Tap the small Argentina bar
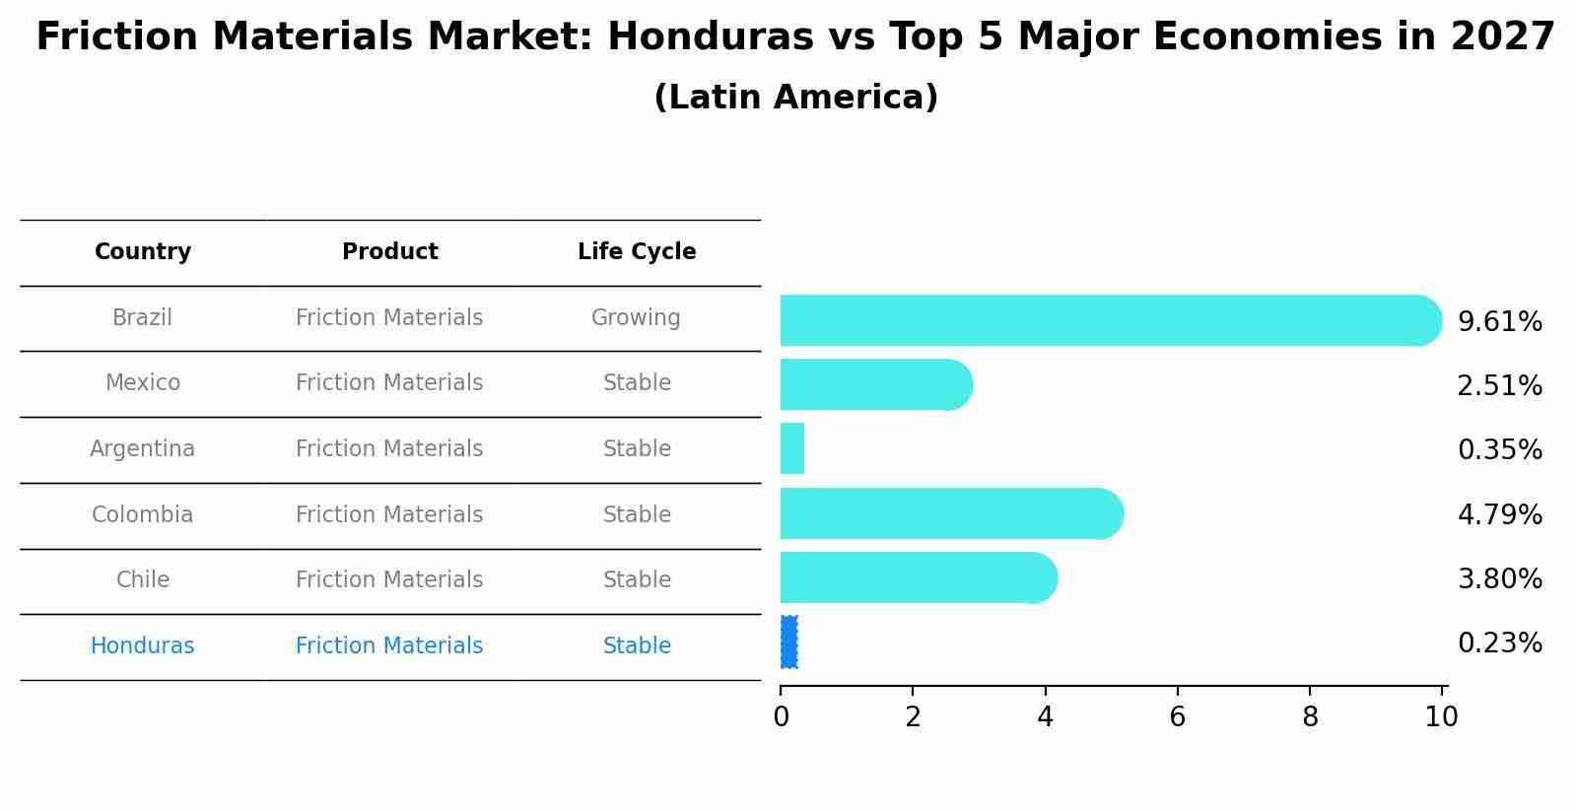point(792,448)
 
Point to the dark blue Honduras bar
point(788,642)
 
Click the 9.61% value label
point(1499,322)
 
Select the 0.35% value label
point(1499,450)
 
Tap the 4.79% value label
point(1499,515)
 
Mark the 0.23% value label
point(1499,643)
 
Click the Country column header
point(143,252)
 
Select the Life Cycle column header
point(637,252)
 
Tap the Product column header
point(389,252)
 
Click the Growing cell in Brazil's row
point(636,318)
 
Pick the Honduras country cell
point(143,646)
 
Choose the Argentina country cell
point(143,449)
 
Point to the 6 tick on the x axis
point(1177,717)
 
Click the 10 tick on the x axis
point(1441,717)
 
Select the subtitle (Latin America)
point(795,98)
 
